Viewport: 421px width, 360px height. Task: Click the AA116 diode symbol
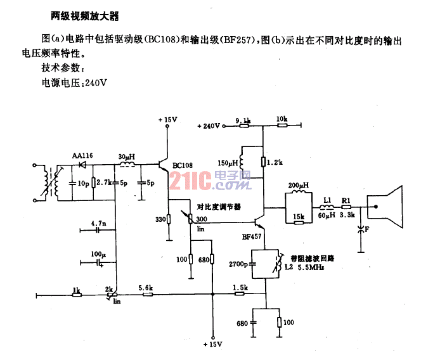(x=82, y=164)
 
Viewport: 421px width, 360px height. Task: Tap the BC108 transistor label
(x=183, y=165)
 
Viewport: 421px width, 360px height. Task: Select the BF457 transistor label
(x=252, y=236)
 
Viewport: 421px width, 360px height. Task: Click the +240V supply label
(x=209, y=126)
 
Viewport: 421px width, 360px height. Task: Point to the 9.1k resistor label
(x=243, y=120)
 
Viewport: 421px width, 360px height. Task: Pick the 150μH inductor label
(x=228, y=163)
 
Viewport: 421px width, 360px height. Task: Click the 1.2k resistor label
(x=275, y=162)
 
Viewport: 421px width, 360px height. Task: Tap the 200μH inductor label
(x=299, y=185)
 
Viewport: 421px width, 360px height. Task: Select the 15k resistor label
(x=299, y=216)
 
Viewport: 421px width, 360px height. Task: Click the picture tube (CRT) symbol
(x=385, y=207)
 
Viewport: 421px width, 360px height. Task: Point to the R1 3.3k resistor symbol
(x=346, y=207)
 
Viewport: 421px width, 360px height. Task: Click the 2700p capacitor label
(x=238, y=264)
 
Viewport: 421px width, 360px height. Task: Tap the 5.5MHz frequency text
(x=311, y=267)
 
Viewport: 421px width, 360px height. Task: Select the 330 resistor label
(x=160, y=219)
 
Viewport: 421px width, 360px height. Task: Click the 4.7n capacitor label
(x=98, y=223)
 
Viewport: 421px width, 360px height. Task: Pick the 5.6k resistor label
(x=146, y=288)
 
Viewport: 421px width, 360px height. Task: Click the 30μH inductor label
(x=126, y=157)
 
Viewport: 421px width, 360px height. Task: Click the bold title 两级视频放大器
(x=84, y=16)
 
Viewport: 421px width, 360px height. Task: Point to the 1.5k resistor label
(x=240, y=288)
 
